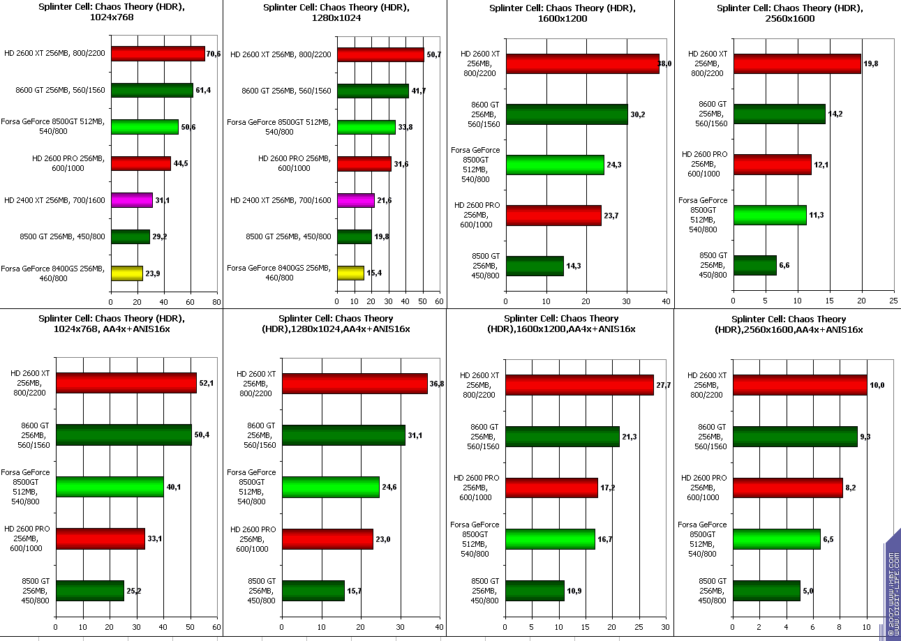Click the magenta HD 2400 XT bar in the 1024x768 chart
131,200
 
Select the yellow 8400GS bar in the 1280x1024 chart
350,273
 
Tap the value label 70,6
213,54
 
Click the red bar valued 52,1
126,383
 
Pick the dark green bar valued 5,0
766,591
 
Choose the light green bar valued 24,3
555,165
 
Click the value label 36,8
436,383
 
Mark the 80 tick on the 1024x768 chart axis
216,302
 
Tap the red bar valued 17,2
551,488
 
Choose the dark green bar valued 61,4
151,90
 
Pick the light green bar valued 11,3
770,215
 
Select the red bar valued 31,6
364,164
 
